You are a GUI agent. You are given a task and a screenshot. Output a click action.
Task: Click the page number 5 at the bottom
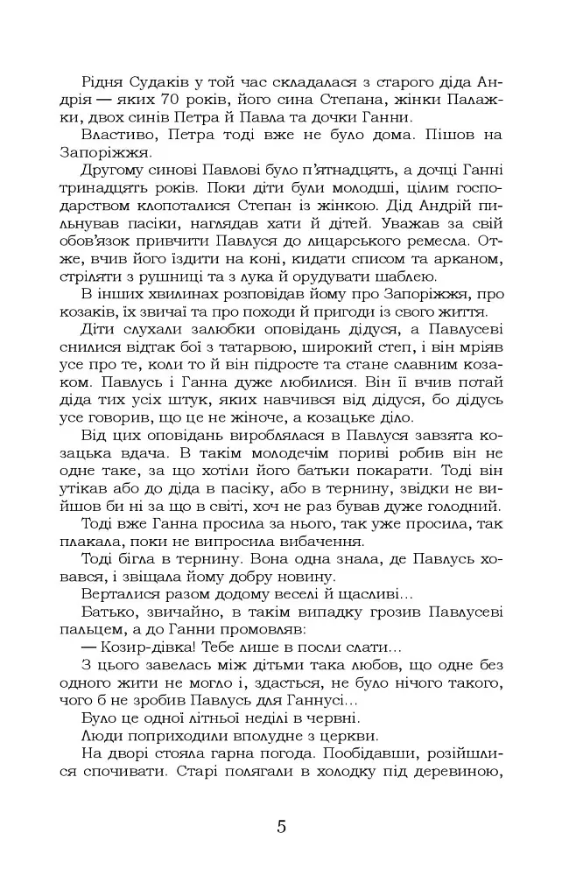pos(281,826)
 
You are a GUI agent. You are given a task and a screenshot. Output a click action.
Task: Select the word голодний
pos(461,507)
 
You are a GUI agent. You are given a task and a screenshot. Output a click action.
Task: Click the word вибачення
pos(320,542)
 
